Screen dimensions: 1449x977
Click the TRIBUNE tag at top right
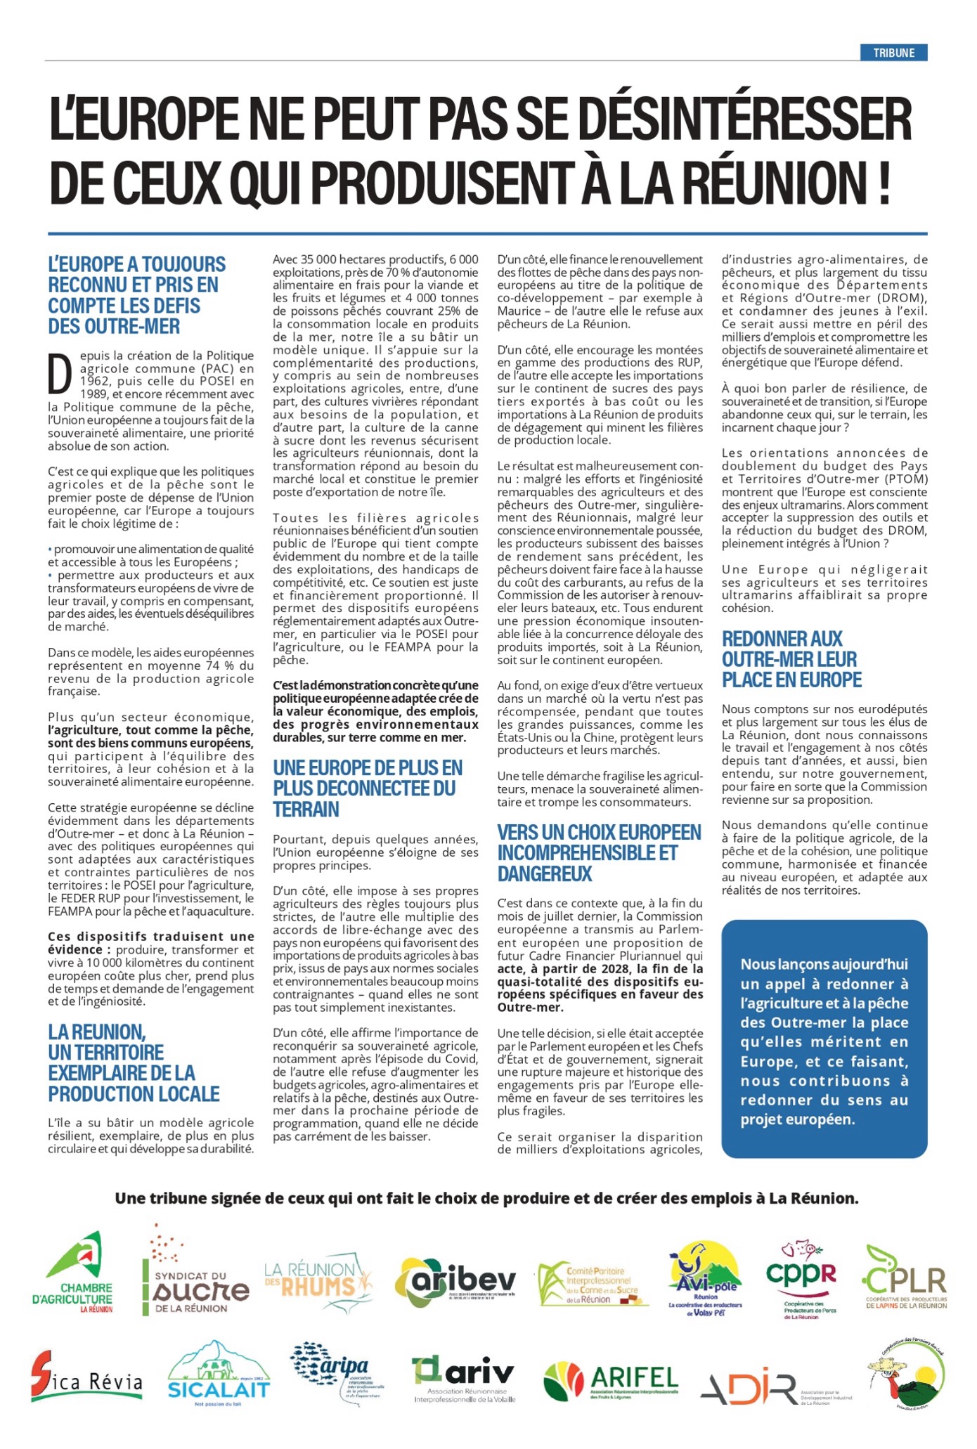click(x=893, y=53)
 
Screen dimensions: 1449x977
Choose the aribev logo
click(x=455, y=1280)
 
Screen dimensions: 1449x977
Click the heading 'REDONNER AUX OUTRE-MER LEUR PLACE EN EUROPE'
click(x=791, y=659)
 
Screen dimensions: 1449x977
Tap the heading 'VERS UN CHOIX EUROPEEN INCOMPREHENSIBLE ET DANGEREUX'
click(x=599, y=852)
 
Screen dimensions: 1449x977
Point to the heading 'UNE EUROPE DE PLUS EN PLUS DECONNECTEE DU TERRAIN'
click(x=368, y=788)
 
